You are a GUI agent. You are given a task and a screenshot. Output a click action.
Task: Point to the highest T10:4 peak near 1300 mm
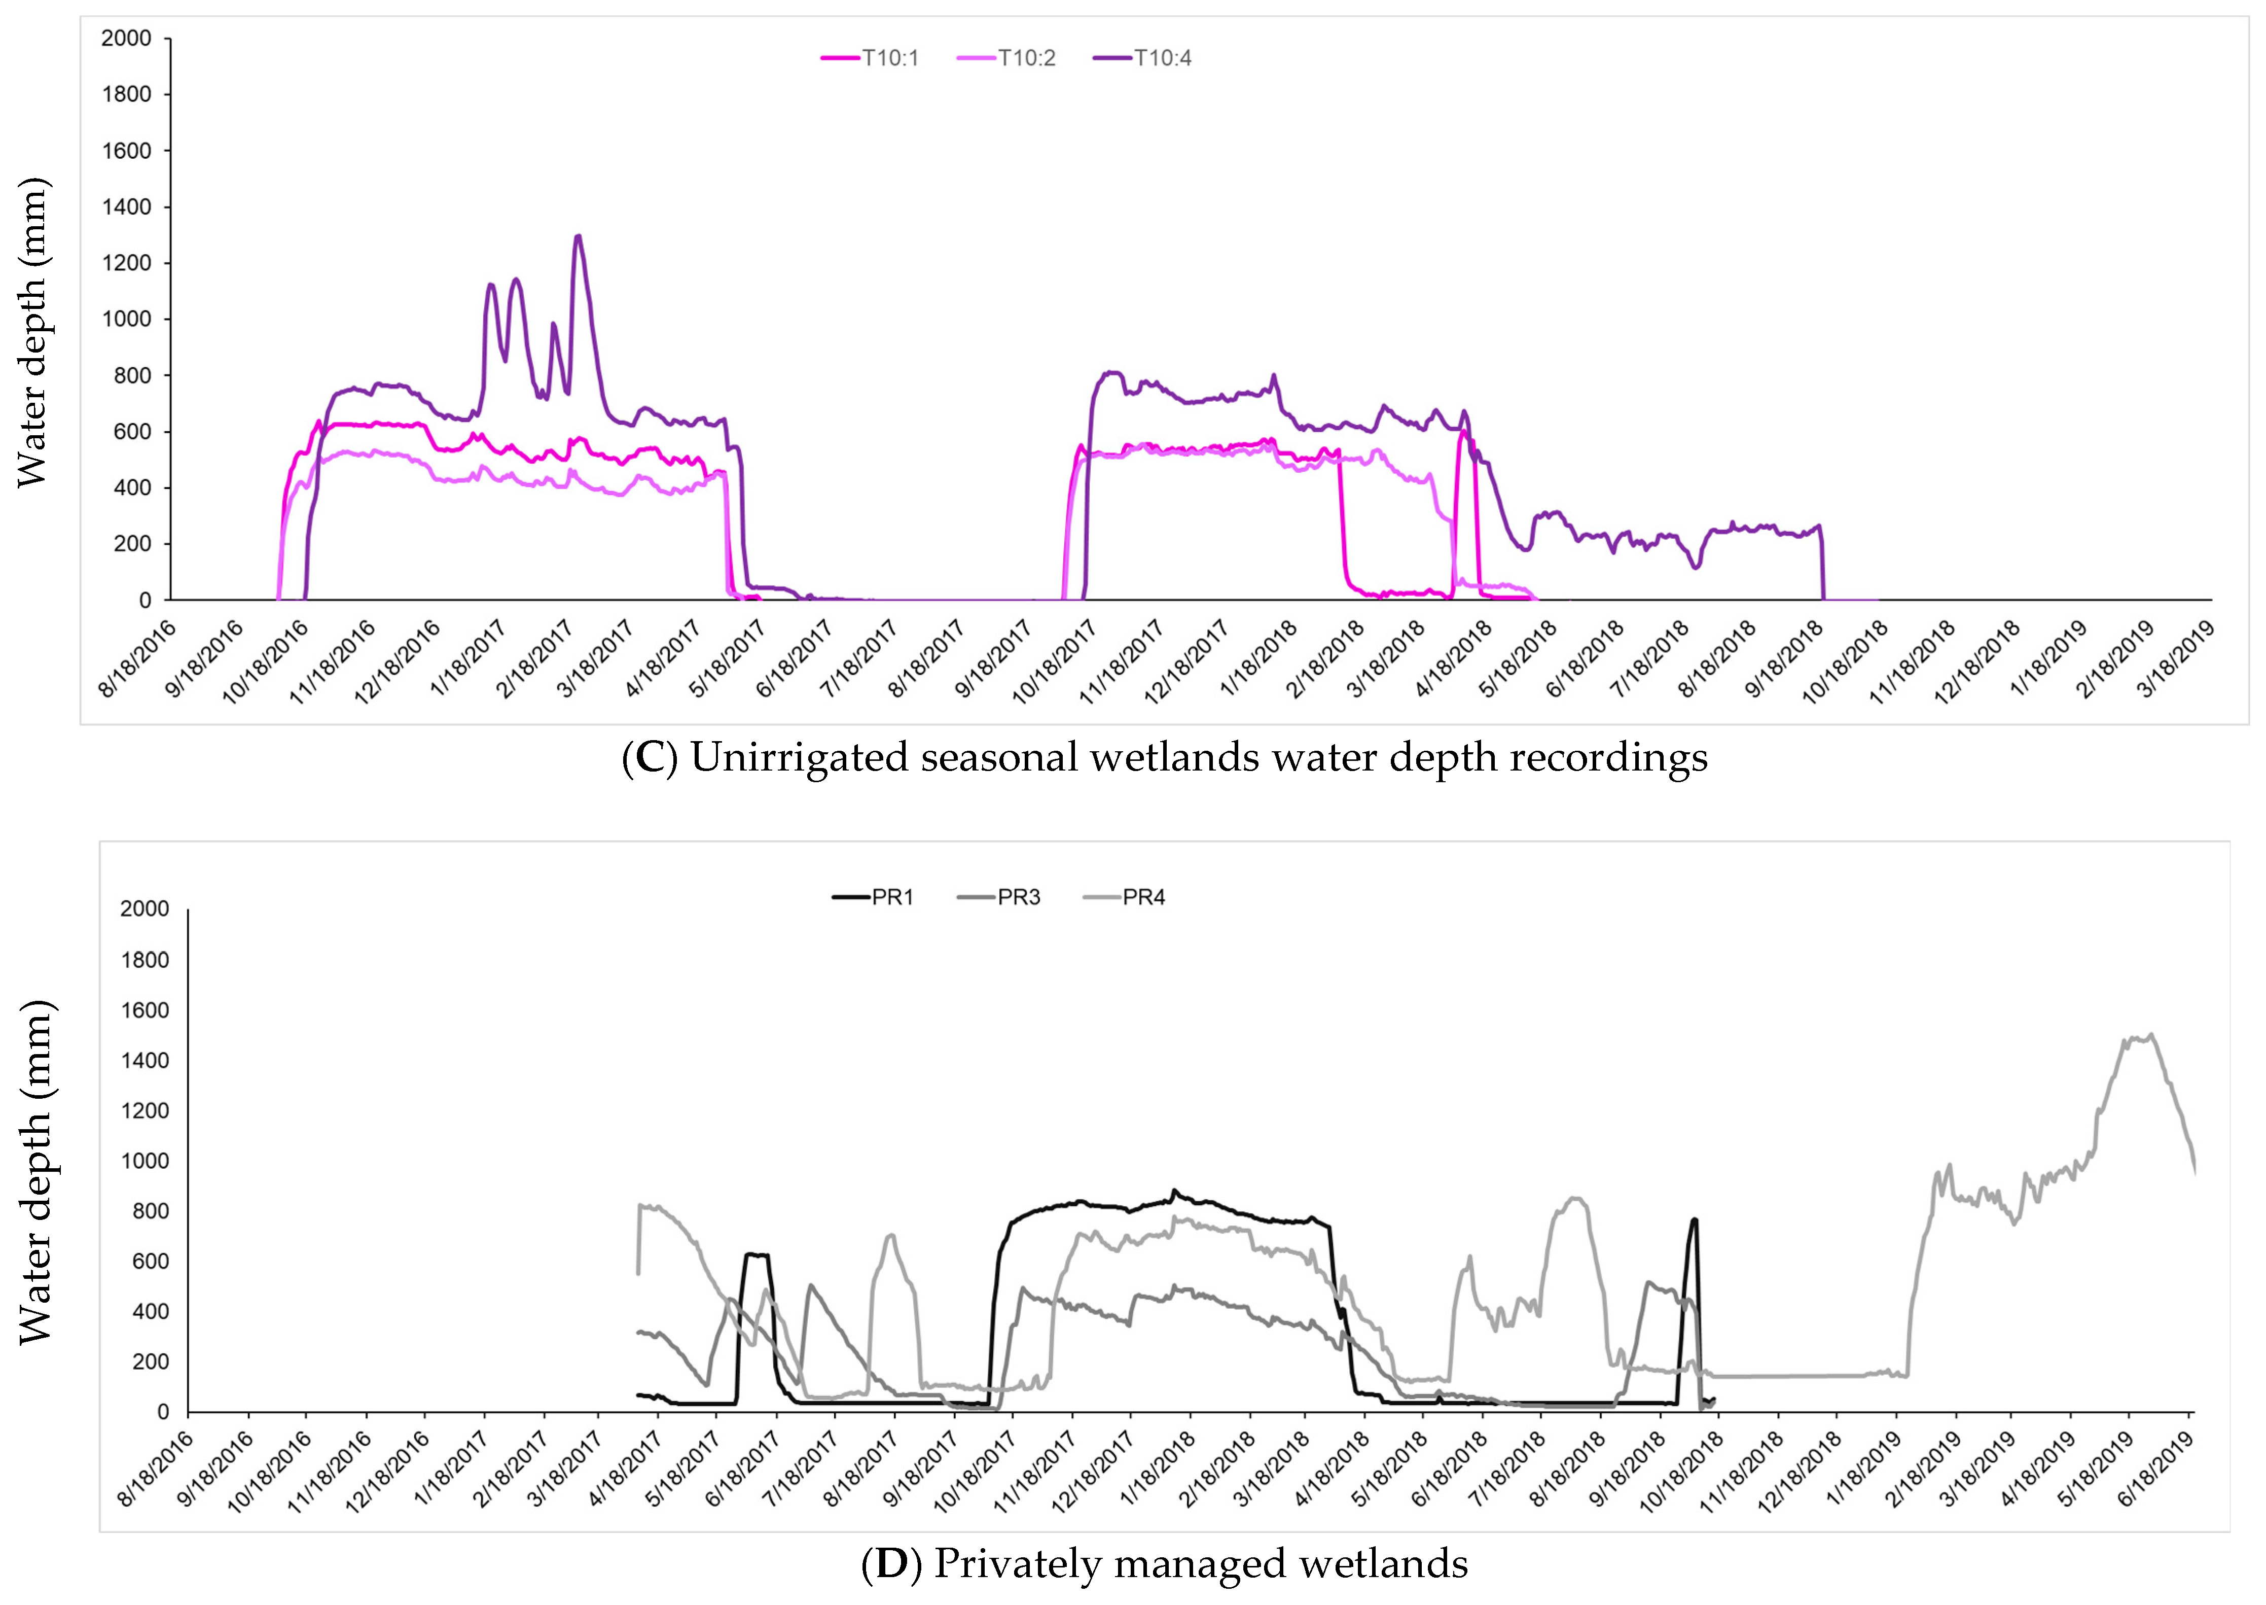pyautogui.click(x=578, y=236)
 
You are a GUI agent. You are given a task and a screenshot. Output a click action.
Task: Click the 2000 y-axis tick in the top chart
pyautogui.click(x=126, y=39)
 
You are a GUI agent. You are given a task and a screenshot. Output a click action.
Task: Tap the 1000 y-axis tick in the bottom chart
pyautogui.click(x=144, y=1161)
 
